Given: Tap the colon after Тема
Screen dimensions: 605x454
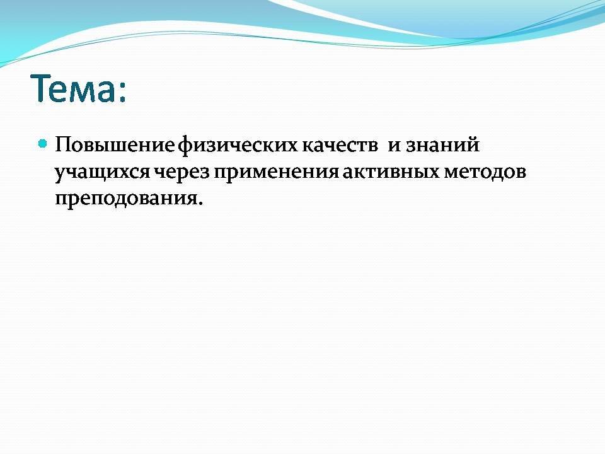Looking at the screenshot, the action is coord(122,93).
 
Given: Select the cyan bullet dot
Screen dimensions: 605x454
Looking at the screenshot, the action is coord(43,144).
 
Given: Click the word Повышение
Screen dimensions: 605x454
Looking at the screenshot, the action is coord(115,145).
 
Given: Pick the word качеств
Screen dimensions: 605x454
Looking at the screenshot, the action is coord(340,146).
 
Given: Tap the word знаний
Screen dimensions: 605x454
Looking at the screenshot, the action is coord(442,145).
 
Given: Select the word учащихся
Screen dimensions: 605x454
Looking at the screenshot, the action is coord(102,173).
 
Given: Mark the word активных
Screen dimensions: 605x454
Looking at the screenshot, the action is coord(391,173).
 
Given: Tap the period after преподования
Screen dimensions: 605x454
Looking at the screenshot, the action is coord(200,203).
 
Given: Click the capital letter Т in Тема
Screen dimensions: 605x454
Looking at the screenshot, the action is coord(42,88).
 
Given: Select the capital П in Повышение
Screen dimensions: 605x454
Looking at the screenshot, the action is coord(64,145).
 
